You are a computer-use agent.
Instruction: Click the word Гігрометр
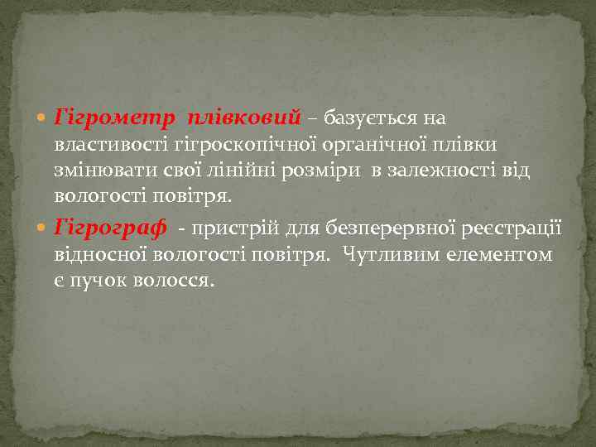[x=114, y=118]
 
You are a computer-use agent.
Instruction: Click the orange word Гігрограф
[x=110, y=227]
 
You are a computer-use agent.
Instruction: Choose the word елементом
[x=502, y=253]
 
